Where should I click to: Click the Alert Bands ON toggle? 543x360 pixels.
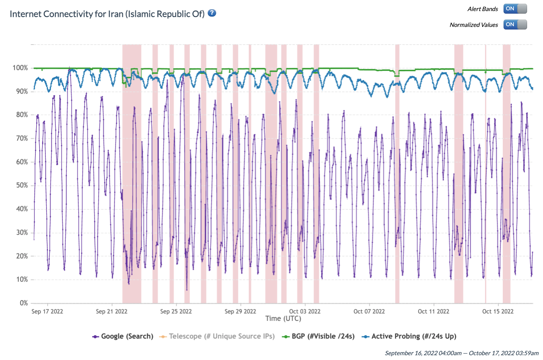pyautogui.click(x=515, y=9)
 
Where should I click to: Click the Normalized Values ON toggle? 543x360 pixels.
pyautogui.click(x=515, y=25)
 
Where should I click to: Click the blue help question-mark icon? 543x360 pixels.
pyautogui.click(x=212, y=13)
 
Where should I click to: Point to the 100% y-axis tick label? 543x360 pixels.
pyautogui.click(x=20, y=68)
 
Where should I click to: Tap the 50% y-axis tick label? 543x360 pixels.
pyautogui.click(x=22, y=186)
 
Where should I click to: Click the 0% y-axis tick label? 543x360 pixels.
pyautogui.click(x=24, y=303)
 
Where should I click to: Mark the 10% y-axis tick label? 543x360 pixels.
pyautogui.click(x=22, y=280)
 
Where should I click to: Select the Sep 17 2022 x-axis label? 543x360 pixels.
pyautogui.click(x=47, y=312)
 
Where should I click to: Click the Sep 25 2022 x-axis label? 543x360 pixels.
pyautogui.click(x=176, y=312)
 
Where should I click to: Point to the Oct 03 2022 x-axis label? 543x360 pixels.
pyautogui.click(x=305, y=312)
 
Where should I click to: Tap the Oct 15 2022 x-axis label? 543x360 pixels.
pyautogui.click(x=498, y=312)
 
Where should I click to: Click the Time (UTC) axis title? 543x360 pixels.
pyautogui.click(x=283, y=319)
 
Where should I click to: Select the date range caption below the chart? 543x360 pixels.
pyautogui.click(x=461, y=353)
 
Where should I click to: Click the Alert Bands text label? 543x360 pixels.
pyautogui.click(x=483, y=9)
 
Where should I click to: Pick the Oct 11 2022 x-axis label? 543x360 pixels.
pyautogui.click(x=433, y=312)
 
